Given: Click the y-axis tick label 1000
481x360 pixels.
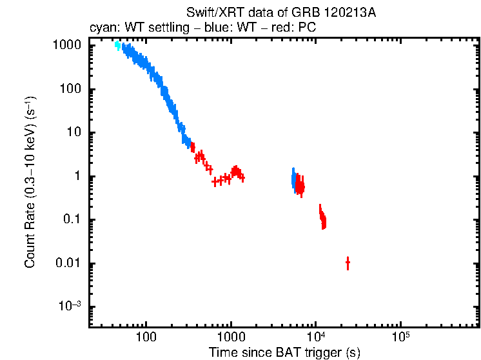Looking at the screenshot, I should pos(67,46).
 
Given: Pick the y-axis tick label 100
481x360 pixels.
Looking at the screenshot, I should pos(70,90).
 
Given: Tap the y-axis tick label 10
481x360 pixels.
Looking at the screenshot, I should pos(74,133).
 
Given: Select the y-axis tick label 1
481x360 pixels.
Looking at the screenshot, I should pos(77,176).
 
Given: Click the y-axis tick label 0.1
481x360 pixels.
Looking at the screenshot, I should pos(72,220).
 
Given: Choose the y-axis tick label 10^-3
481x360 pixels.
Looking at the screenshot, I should pos(70,306).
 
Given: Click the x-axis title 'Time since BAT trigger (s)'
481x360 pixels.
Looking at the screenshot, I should pos(284,352).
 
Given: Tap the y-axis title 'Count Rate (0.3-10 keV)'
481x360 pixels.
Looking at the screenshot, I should pos(30,183).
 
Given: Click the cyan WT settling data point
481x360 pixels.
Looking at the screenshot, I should pos(118,46).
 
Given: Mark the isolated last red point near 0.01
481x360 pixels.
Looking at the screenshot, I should pos(348,263).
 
